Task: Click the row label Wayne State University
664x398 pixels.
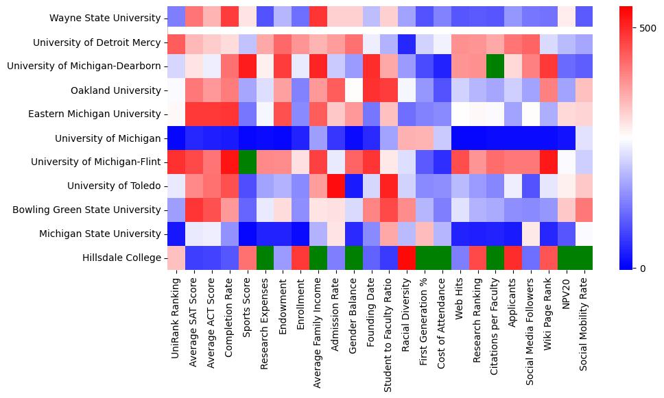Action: (105, 18)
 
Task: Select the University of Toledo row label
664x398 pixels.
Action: (114, 186)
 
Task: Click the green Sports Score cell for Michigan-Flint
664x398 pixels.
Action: (247, 162)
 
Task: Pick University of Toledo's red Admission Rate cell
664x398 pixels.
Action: (336, 186)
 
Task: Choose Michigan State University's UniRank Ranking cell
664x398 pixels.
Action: (176, 234)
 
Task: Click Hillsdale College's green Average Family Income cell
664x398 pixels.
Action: (318, 258)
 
